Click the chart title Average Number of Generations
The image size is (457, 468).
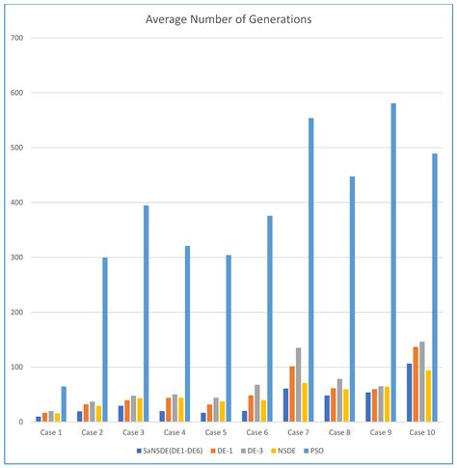pos(228,18)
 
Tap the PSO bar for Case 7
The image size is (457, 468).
pos(311,270)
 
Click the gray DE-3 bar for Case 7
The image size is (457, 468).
pos(299,385)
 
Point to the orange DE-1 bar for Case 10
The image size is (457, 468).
pos(416,384)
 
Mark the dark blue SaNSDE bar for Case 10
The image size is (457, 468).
pos(410,393)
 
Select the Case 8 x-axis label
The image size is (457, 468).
pos(338,432)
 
